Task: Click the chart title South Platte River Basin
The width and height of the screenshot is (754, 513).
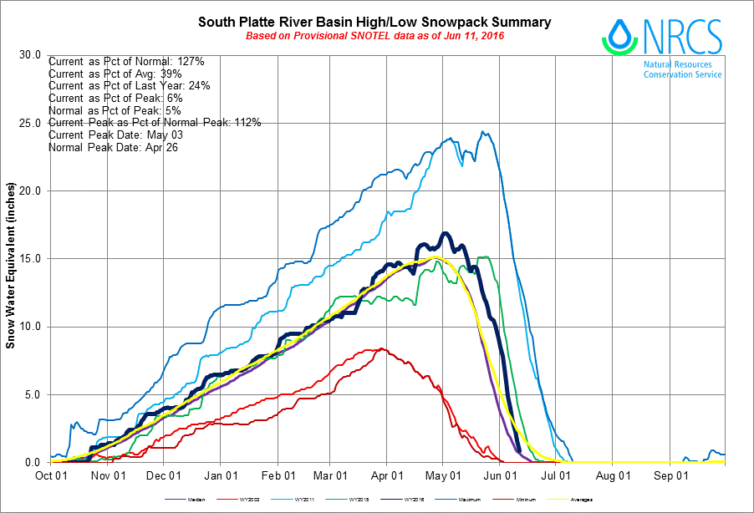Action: tap(374, 22)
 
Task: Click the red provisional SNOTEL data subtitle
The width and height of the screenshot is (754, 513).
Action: tap(374, 36)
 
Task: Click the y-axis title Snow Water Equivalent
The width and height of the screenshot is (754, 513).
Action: tap(11, 259)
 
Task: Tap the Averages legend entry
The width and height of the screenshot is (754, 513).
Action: tap(581, 500)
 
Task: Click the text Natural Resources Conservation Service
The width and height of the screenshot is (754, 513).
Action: tap(682, 69)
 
